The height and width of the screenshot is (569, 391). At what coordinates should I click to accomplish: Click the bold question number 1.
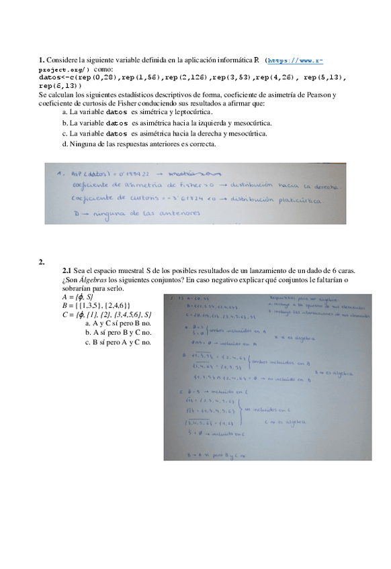click(x=41, y=60)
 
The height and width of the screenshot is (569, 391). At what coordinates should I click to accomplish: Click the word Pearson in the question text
click(x=318, y=95)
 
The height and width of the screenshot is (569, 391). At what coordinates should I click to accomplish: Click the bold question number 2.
click(x=41, y=262)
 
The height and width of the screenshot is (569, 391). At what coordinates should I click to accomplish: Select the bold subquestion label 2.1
click(x=67, y=270)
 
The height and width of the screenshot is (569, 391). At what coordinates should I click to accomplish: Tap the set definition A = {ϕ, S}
click(x=77, y=296)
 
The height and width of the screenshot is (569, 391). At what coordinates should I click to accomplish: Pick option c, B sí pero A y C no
click(x=118, y=342)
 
